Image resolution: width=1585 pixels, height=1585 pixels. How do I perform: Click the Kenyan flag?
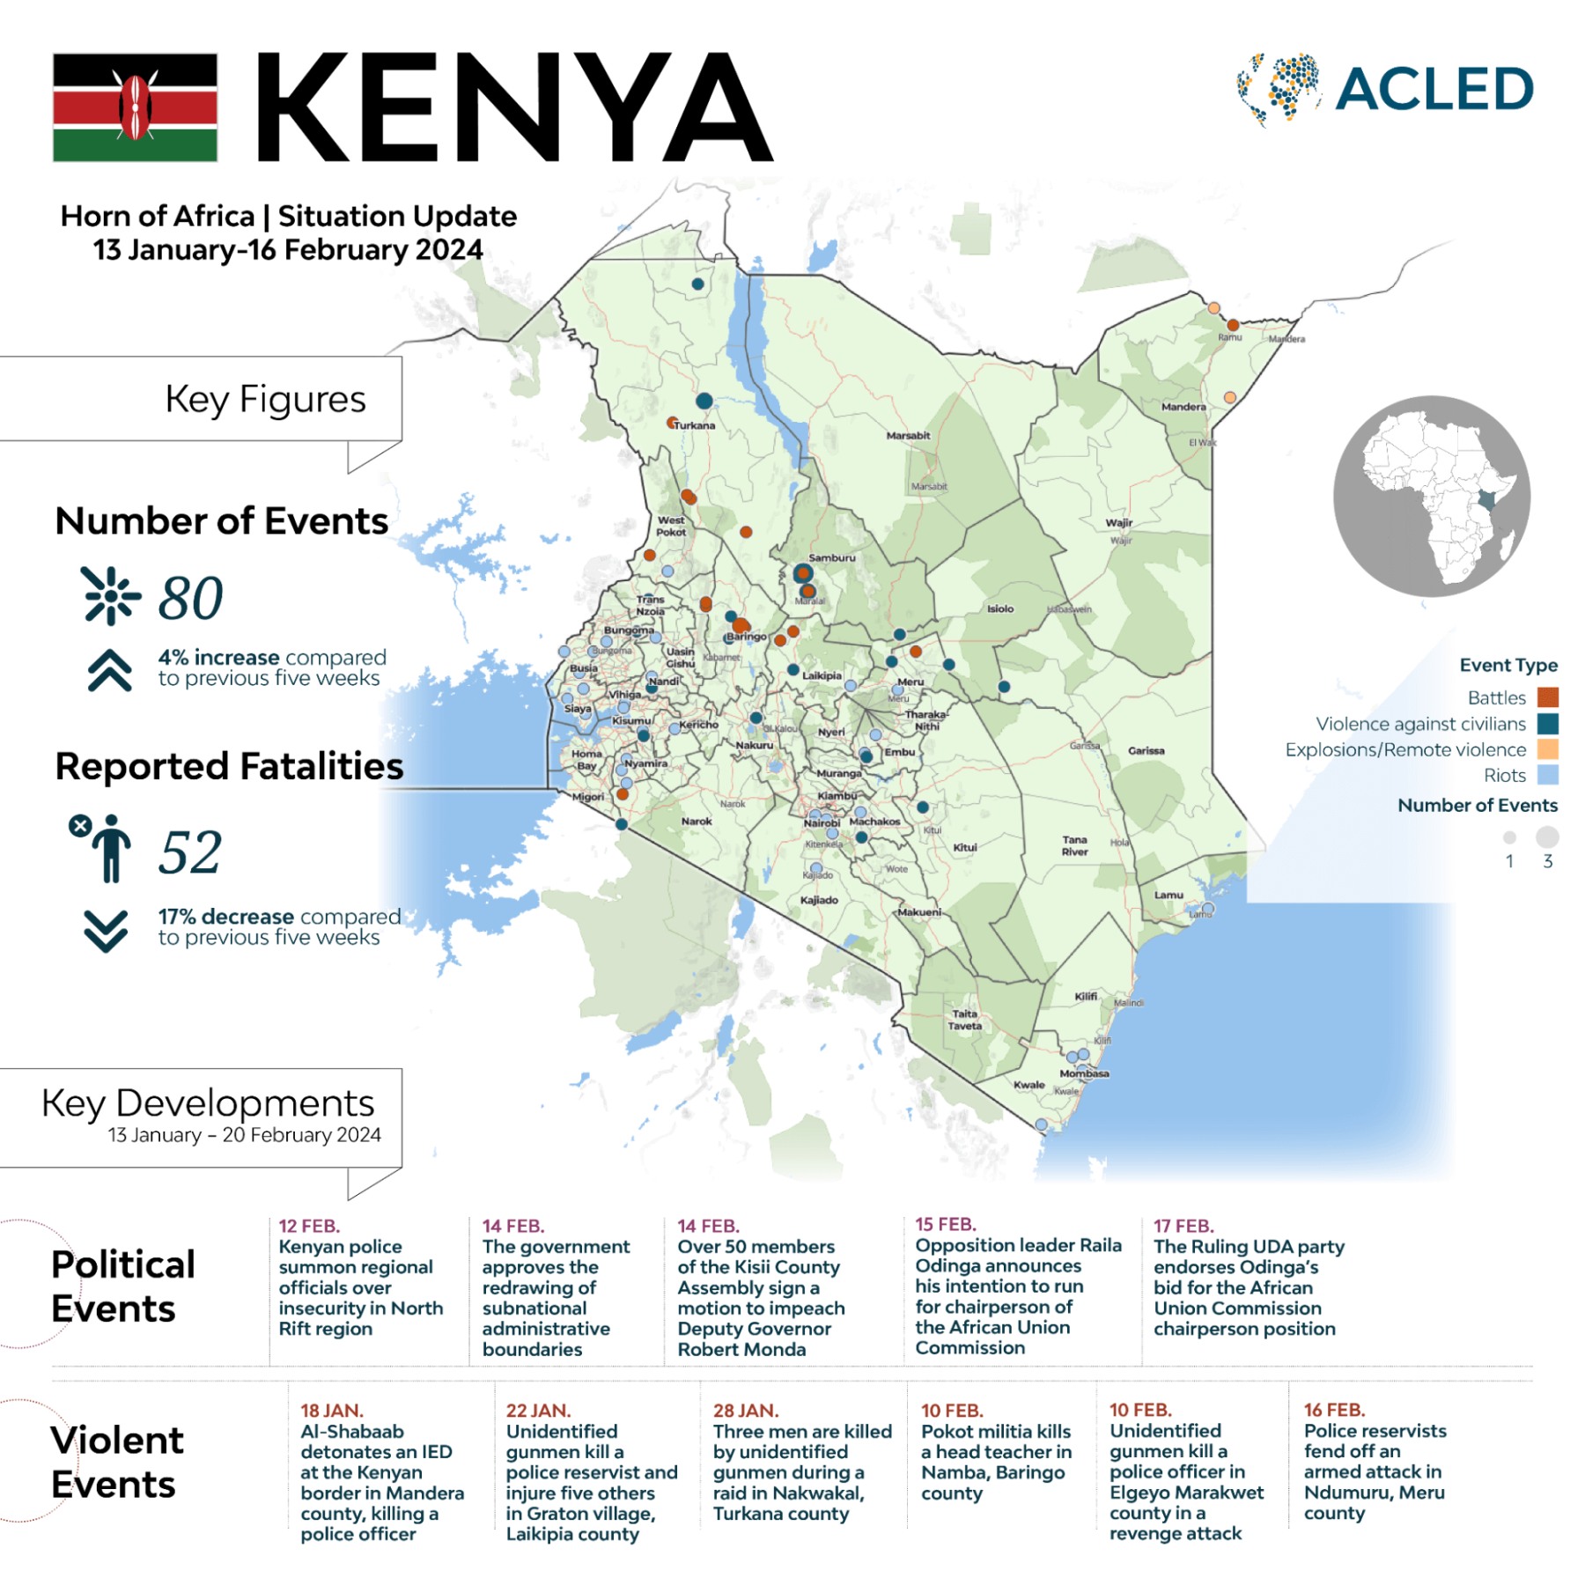135,107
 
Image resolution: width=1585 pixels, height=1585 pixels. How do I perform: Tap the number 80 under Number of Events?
190,598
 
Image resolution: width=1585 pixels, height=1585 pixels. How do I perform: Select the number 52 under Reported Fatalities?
190,852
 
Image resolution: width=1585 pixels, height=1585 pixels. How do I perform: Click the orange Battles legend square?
1547,697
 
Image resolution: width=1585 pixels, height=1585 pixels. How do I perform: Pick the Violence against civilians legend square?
1547,724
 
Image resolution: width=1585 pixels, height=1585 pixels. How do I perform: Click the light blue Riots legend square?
1547,775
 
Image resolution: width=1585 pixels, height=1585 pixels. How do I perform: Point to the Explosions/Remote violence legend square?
1547,749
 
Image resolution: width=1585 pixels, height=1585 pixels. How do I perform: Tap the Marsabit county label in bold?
908,435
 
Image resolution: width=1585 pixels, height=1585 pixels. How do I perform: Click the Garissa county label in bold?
1146,751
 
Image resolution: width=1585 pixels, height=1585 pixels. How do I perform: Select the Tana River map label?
1074,845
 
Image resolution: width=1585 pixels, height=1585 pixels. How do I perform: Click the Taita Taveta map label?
964,1020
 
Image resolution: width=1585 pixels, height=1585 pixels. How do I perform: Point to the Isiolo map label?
999,608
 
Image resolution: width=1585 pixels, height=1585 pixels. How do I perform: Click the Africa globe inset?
1431,496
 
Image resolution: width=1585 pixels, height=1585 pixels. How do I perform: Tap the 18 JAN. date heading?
331,1411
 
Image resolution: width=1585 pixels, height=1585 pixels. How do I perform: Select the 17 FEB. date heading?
1183,1226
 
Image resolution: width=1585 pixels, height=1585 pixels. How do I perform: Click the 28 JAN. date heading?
745,1411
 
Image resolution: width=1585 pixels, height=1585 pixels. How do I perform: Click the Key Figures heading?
265,399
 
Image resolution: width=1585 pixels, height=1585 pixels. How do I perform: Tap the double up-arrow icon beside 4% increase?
110,671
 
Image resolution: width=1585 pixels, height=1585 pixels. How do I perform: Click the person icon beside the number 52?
110,849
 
